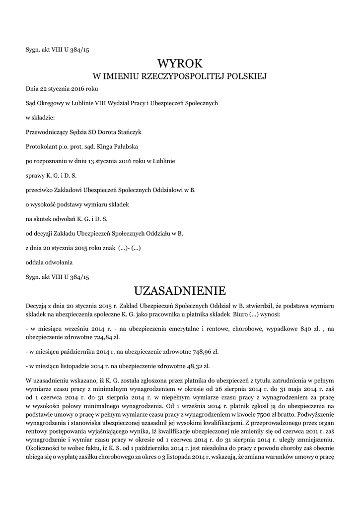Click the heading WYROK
pyautogui.click(x=180, y=63)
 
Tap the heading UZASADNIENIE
pyautogui.click(x=180, y=290)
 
